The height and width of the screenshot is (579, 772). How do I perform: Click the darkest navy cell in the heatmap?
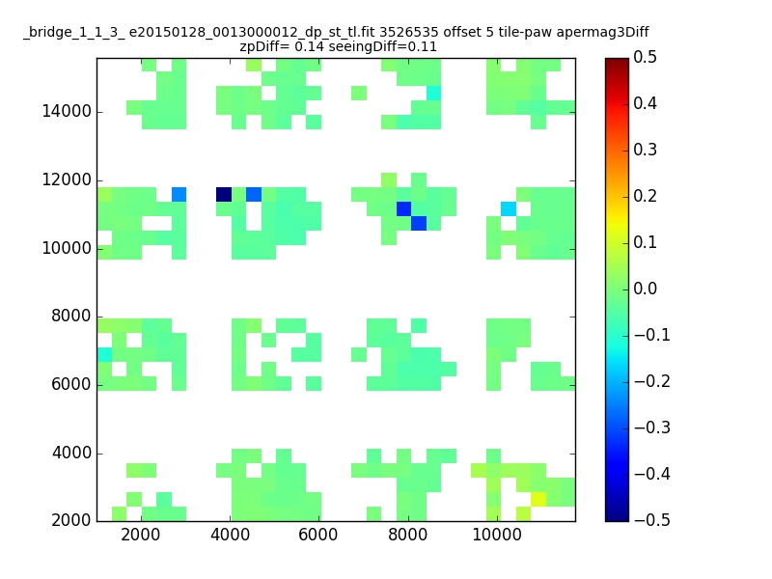224,195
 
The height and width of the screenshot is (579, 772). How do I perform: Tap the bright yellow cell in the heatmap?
538,499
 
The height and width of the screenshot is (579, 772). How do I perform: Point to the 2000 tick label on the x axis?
140,535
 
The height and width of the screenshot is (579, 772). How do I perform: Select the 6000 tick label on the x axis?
318,535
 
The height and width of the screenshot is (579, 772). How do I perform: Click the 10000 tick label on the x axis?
497,535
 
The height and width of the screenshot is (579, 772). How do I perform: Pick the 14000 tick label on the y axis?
67,111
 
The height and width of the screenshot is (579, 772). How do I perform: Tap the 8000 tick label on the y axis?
71,317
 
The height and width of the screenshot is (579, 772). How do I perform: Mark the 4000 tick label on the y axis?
71,453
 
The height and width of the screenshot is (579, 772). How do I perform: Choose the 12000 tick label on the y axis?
67,179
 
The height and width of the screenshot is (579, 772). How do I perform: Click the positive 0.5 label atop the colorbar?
645,57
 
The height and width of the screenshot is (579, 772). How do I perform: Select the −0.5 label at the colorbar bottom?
652,520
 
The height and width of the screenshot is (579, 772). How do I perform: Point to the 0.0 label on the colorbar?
645,289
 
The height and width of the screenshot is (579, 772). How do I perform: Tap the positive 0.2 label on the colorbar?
645,196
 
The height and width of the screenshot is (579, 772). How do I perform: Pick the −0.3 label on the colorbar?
652,427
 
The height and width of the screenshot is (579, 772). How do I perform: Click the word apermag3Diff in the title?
602,33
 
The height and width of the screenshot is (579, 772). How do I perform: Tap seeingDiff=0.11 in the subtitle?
382,46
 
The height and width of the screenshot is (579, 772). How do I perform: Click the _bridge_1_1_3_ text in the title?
74,33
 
